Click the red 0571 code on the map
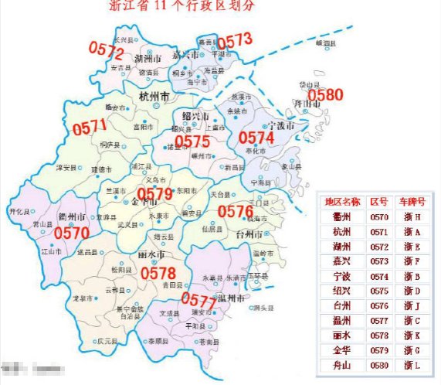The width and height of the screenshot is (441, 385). (x=90, y=128)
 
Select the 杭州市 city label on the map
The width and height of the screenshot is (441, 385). (x=153, y=96)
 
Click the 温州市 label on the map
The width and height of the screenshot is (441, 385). (x=232, y=297)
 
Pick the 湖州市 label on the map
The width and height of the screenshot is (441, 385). (x=147, y=59)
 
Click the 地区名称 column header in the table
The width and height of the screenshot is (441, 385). (x=342, y=202)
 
